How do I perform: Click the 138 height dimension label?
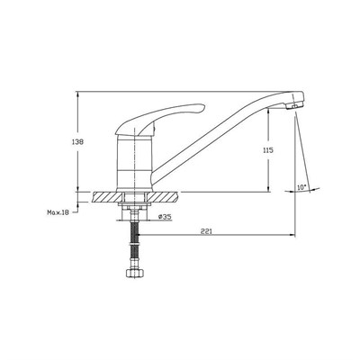coord(78,141)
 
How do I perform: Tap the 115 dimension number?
coord(268,150)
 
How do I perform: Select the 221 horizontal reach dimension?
coord(206,231)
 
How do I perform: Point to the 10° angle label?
coord(301,187)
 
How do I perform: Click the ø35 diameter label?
coord(165,217)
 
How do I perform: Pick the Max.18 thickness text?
coord(58,212)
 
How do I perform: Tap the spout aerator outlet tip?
coord(295,105)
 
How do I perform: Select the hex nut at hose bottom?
coord(135,273)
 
